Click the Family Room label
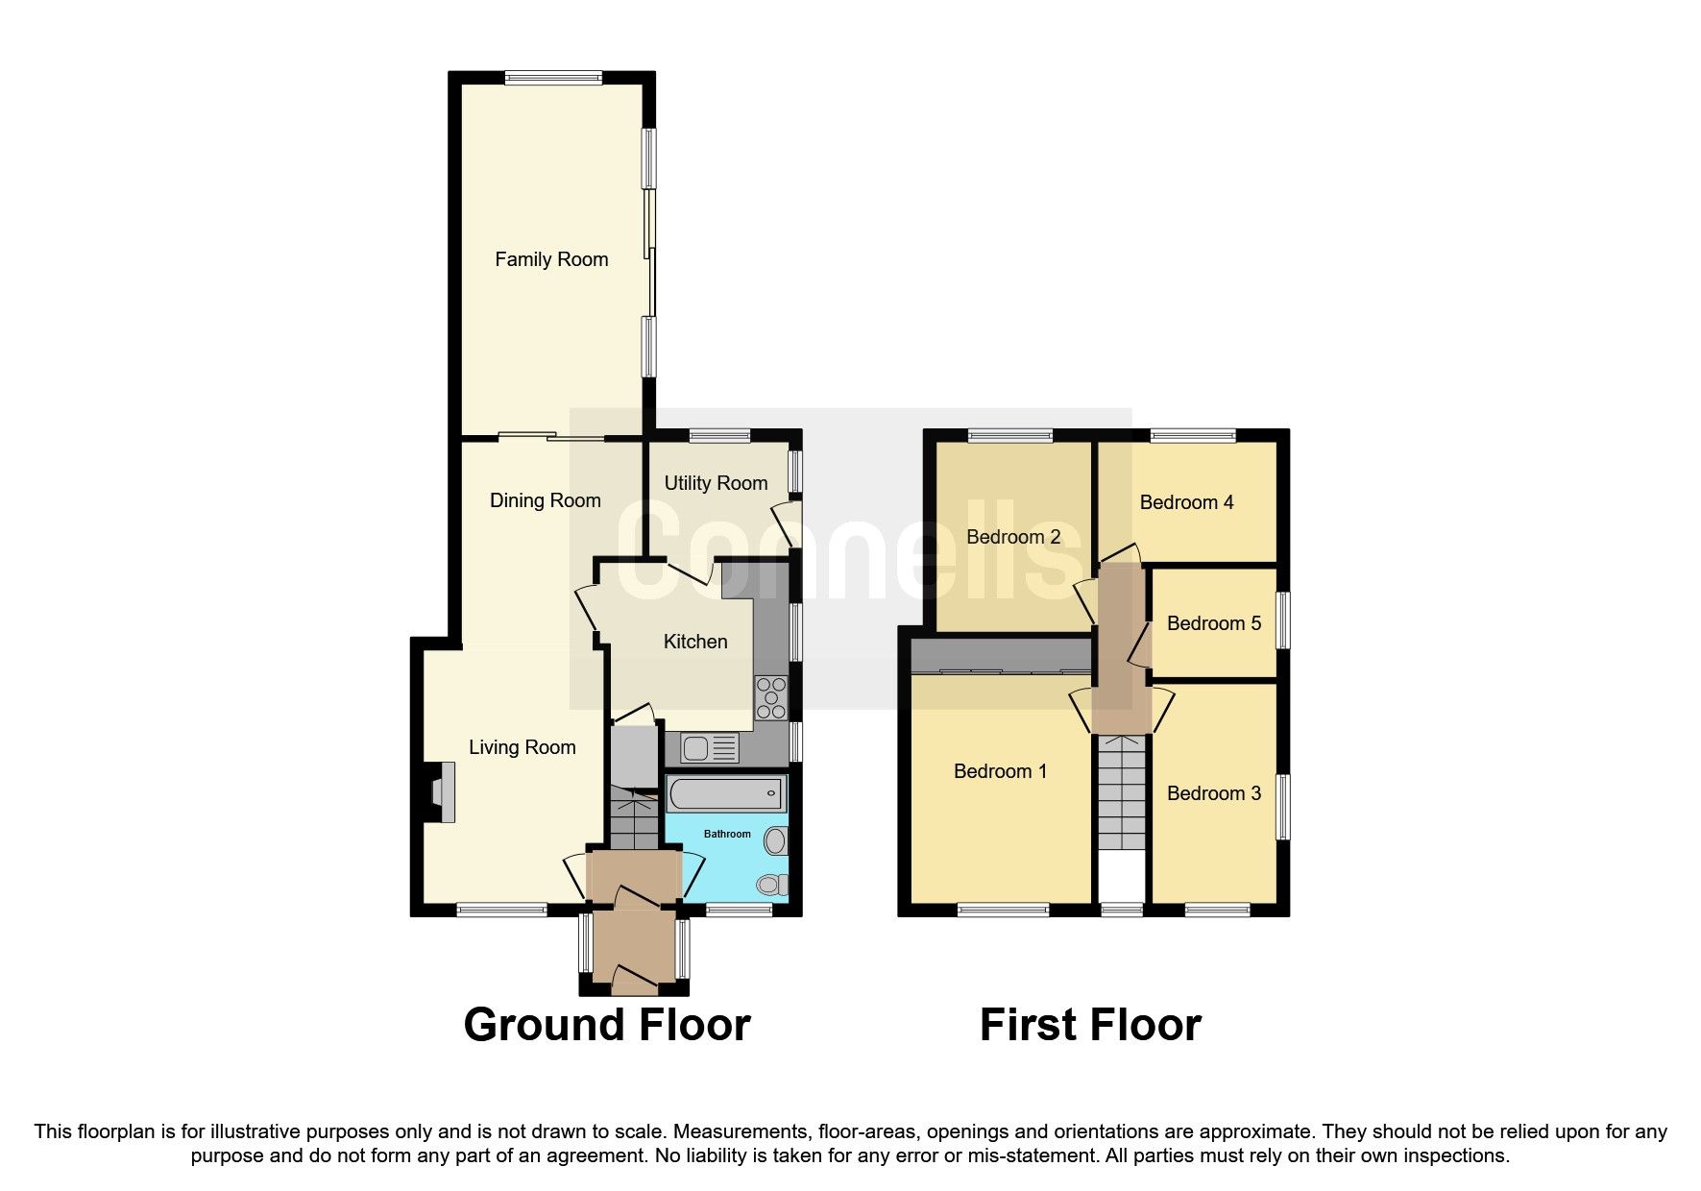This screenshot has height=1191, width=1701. pos(551,259)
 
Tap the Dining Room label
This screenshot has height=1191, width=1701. pos(545,500)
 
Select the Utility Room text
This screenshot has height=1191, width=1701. pos(716,483)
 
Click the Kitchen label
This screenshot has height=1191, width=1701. pos(695,642)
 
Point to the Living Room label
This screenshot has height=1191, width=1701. pos(522,747)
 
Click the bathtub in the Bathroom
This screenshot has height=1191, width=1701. pos(725,794)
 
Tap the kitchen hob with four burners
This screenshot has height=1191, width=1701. pos(771,698)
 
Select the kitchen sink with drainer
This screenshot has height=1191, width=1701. pos(709,747)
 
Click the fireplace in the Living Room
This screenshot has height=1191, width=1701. pos(442,792)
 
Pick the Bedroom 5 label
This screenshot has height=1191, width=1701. pos(1213,623)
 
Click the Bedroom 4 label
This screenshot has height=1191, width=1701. pos(1186,502)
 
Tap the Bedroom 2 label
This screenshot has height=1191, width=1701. pos(1013,537)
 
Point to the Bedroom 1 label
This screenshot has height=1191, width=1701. pos(1000,771)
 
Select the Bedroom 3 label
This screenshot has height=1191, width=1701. pos(1213,793)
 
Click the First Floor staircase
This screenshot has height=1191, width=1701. pos(1122,792)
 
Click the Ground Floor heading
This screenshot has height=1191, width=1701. pos(606,1025)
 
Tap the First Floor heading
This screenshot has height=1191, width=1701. pos(1089,1025)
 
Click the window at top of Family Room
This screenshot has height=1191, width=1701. pos(553,78)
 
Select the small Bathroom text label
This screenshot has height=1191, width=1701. pos(727,834)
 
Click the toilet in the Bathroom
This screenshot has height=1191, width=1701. pos(770,884)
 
